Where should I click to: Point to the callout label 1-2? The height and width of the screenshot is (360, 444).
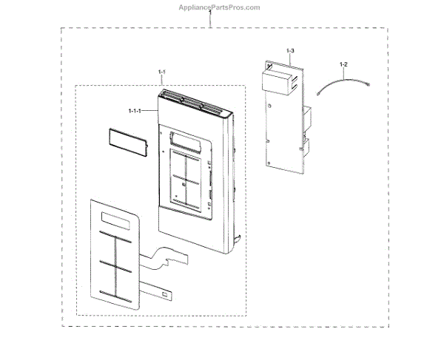tap(343, 66)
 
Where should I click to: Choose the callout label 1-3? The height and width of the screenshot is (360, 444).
tap(290, 50)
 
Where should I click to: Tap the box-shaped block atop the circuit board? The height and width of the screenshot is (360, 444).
tap(276, 80)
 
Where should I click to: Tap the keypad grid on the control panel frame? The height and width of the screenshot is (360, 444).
tap(185, 178)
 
